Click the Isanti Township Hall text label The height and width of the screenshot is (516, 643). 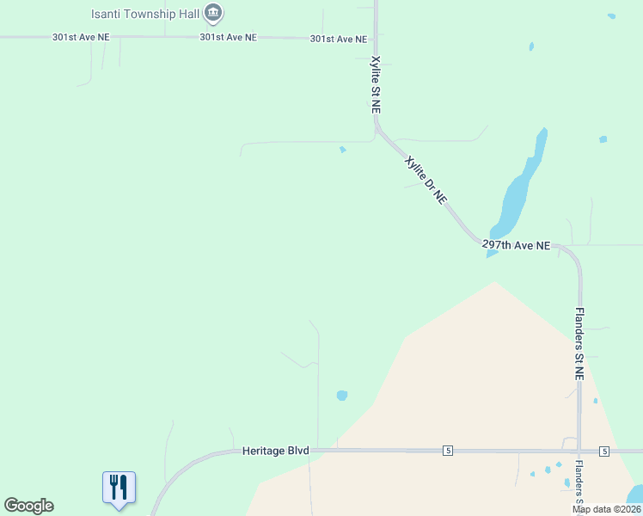[146, 14]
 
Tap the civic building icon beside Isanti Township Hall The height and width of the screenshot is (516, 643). [214, 13]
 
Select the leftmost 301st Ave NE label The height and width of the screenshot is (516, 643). [82, 38]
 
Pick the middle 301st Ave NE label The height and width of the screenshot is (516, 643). [228, 38]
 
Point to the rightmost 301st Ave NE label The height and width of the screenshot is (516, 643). [339, 40]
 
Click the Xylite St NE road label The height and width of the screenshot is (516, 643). [375, 85]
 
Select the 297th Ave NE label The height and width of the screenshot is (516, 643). [516, 245]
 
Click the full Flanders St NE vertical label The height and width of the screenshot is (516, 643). [579, 344]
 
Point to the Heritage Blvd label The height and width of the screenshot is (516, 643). [275, 451]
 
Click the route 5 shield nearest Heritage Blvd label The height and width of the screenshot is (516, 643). [448, 451]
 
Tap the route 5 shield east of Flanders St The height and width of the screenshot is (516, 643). [604, 451]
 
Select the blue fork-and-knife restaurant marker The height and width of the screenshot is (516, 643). [119, 488]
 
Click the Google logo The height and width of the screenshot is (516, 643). [28, 506]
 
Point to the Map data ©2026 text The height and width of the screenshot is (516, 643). [605, 509]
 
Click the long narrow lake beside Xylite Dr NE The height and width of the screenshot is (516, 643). [518, 189]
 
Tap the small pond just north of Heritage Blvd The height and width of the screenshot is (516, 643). [342, 396]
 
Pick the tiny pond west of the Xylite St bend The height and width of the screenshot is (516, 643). [343, 150]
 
